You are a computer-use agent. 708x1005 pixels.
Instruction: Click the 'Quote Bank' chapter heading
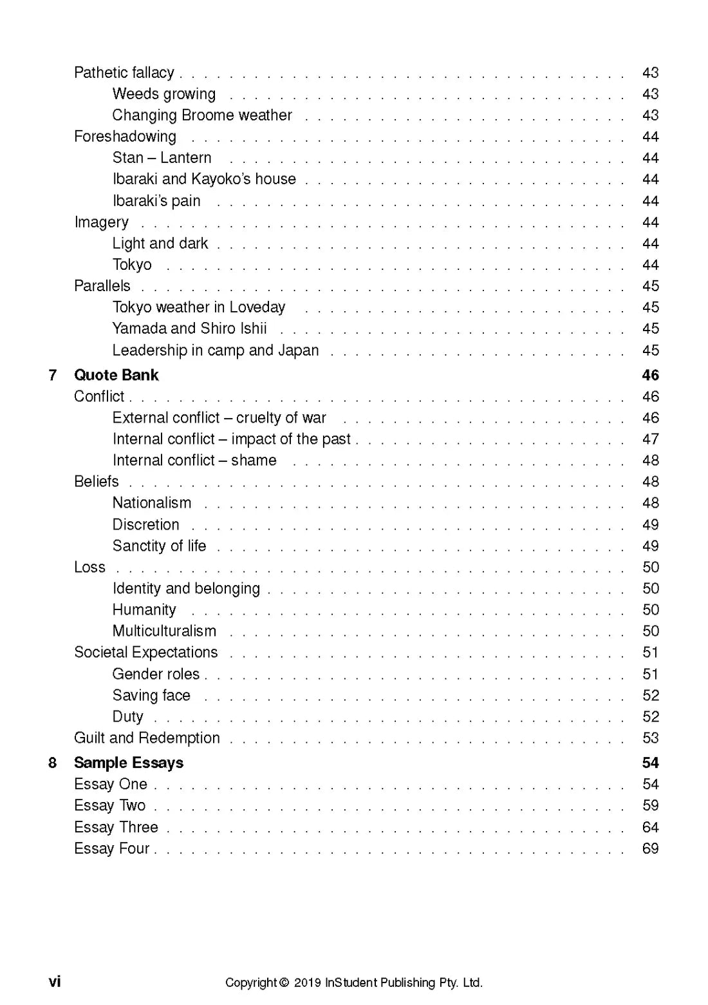click(116, 375)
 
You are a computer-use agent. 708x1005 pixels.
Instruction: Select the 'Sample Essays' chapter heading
click(128, 763)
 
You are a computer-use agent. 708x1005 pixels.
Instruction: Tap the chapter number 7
click(53, 375)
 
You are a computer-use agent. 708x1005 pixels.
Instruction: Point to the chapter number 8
click(53, 763)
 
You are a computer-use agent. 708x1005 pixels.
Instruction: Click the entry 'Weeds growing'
click(163, 94)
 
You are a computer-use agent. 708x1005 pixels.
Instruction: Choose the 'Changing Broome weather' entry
click(201, 115)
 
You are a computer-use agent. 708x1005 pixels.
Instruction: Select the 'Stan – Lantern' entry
click(162, 158)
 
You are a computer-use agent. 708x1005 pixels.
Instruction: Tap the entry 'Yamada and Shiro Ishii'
click(189, 329)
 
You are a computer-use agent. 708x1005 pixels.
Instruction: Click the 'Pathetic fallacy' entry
click(124, 73)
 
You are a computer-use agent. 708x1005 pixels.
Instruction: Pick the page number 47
click(650, 439)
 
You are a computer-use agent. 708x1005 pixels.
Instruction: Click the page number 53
click(650, 738)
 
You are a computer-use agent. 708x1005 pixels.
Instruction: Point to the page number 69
click(650, 848)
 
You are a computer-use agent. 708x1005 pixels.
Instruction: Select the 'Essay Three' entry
click(116, 827)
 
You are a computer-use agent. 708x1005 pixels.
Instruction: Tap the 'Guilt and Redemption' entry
click(147, 738)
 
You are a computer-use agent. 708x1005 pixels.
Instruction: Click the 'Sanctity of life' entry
click(159, 546)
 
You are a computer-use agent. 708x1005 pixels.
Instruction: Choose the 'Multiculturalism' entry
click(164, 631)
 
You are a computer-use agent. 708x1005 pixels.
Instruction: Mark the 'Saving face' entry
click(151, 696)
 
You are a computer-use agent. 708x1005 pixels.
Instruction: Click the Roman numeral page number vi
click(55, 982)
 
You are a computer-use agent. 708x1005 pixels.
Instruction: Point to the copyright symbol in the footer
click(284, 983)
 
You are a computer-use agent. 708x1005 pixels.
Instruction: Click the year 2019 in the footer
click(307, 983)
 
